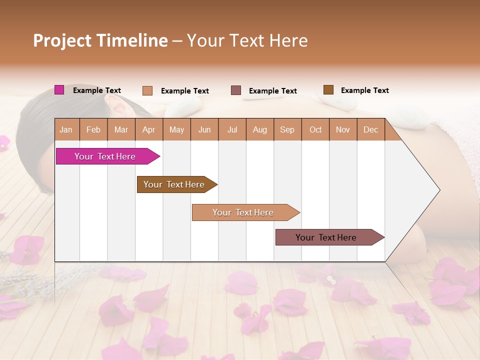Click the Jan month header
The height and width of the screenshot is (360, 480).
(66, 130)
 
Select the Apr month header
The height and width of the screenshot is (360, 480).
(148, 130)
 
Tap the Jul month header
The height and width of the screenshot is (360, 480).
(232, 130)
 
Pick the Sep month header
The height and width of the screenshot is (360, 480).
(287, 130)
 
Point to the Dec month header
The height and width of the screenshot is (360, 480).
(370, 130)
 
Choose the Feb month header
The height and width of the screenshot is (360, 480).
(93, 130)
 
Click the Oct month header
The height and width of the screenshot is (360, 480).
(315, 130)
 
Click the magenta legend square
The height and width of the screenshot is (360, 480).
(59, 90)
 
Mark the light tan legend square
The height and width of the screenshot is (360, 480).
(147, 90)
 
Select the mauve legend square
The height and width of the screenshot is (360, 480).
(236, 90)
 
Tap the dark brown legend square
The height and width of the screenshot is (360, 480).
(328, 90)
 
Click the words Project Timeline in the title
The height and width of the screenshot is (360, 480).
(100, 40)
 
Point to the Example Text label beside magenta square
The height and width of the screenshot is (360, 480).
(97, 90)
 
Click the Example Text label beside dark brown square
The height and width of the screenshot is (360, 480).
(364, 90)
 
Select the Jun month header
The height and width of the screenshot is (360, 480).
(204, 130)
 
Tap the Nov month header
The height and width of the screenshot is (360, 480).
(343, 130)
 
